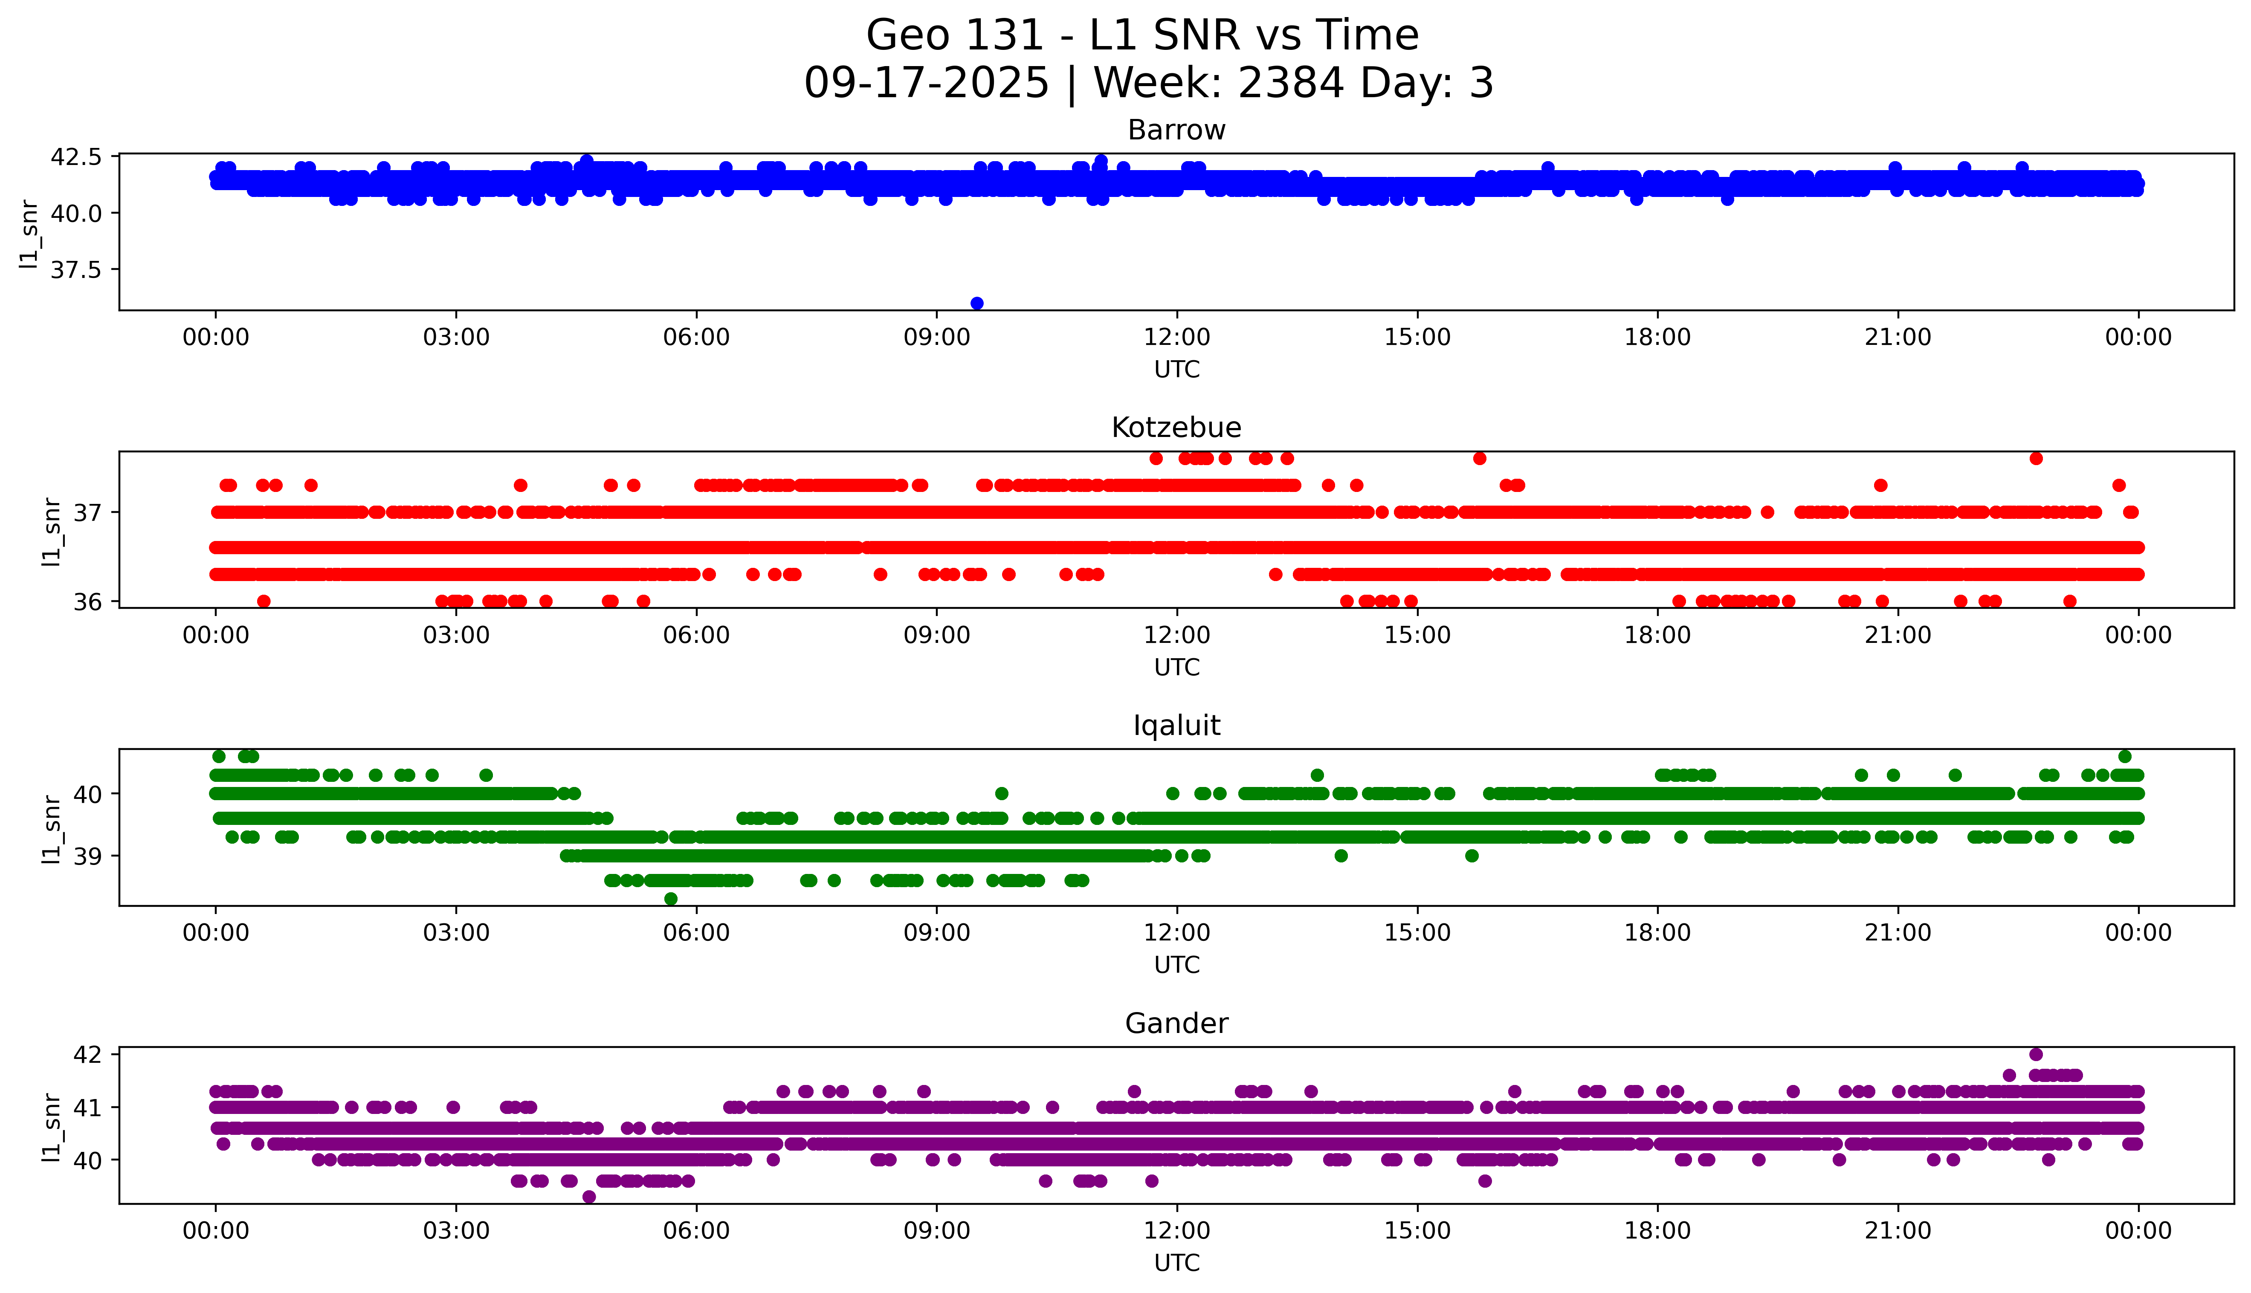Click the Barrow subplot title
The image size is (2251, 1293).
tap(1176, 130)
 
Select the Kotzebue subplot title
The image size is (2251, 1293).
tap(1176, 428)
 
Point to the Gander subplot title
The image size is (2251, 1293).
tap(1176, 1024)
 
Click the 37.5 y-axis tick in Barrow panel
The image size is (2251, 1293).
tap(76, 269)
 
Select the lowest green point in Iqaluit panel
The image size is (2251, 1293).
tap(671, 899)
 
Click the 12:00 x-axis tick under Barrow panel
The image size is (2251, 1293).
tap(1176, 338)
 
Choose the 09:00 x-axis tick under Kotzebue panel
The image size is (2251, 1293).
tap(937, 635)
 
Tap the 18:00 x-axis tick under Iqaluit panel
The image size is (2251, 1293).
tap(1658, 932)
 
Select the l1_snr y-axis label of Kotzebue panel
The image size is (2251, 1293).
tap(52, 531)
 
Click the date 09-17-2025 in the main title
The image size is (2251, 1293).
tap(926, 84)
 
